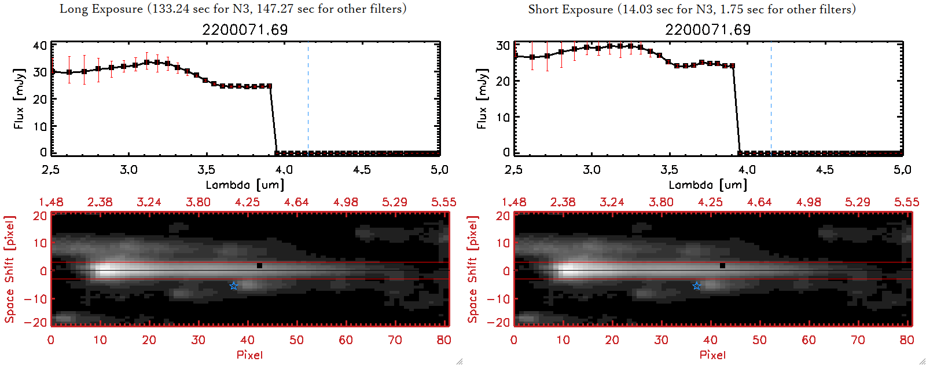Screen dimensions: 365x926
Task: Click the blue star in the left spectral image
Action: [x=234, y=286]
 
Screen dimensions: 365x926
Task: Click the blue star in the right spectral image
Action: [x=697, y=286]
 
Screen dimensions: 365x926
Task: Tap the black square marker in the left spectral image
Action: [x=260, y=266]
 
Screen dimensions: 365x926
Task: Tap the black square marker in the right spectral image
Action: [x=723, y=266]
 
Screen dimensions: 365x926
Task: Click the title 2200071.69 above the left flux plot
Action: [x=245, y=30]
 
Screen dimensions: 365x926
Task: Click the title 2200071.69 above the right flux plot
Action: [x=708, y=30]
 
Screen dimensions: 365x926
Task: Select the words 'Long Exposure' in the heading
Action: [x=101, y=9]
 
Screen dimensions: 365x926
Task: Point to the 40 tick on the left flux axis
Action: [x=40, y=46]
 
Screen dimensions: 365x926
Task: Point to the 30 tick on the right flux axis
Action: [x=503, y=46]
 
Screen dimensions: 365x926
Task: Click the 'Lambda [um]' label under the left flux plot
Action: [x=245, y=185]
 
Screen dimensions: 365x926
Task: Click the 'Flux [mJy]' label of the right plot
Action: [x=482, y=98]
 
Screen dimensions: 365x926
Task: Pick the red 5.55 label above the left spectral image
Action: [x=443, y=202]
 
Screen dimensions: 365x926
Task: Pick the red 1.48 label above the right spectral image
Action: [x=514, y=202]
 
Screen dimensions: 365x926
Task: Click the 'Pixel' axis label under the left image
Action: [x=249, y=355]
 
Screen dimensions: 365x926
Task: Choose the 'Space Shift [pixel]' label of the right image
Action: [x=473, y=269]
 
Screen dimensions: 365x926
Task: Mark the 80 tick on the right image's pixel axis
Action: [x=907, y=340]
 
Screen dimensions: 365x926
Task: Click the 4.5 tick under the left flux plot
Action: [x=362, y=170]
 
